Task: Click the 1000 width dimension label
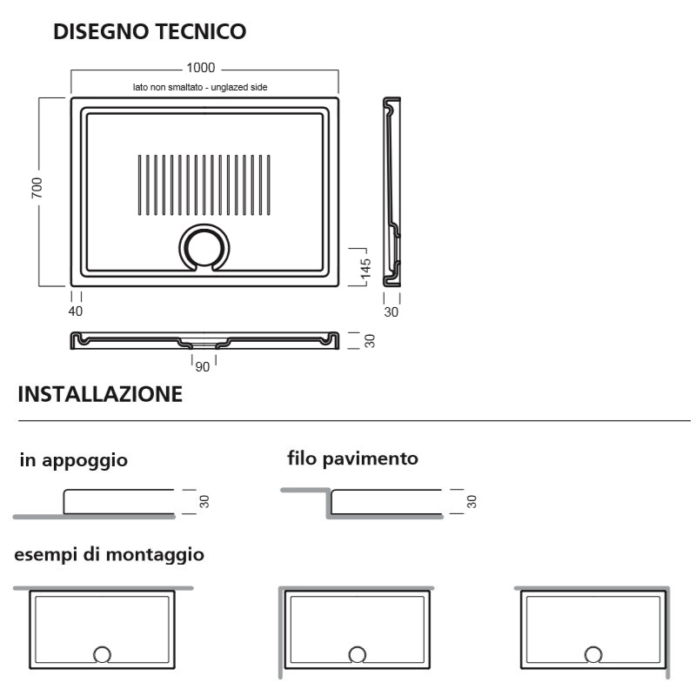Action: pyautogui.click(x=201, y=68)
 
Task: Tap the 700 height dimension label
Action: pyautogui.click(x=37, y=187)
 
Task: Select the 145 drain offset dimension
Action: pyautogui.click(x=365, y=269)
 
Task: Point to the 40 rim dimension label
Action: pyautogui.click(x=76, y=311)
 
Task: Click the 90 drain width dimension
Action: pyautogui.click(x=203, y=367)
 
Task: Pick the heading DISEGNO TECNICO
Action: pyautogui.click(x=150, y=31)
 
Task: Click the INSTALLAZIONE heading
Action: pyautogui.click(x=100, y=394)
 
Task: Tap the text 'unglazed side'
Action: pyautogui.click(x=239, y=87)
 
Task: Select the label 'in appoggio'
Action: pyautogui.click(x=74, y=460)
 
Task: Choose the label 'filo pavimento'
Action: pyautogui.click(x=353, y=459)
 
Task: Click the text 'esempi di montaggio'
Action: pyautogui.click(x=110, y=555)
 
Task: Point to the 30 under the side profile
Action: pyautogui.click(x=391, y=312)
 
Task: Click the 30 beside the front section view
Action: pyautogui.click(x=369, y=341)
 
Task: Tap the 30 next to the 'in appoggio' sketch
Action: pyautogui.click(x=204, y=502)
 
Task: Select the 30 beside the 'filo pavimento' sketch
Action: pyautogui.click(x=472, y=502)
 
